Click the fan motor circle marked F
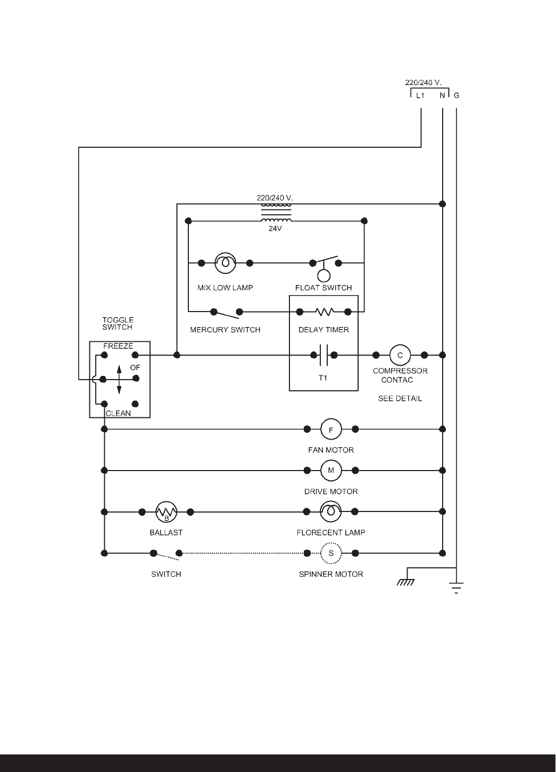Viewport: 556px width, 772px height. coord(331,429)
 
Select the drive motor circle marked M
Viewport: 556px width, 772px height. coord(331,471)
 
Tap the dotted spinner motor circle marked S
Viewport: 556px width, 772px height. coord(331,553)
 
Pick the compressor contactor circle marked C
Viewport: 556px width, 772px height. coord(400,355)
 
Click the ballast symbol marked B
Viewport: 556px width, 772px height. coord(166,512)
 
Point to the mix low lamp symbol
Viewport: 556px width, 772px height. coord(226,263)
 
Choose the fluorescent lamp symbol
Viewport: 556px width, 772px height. coord(331,512)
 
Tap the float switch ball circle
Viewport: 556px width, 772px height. coord(323,275)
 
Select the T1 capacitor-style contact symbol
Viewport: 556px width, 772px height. coord(324,355)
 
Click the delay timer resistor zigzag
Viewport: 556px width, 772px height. coord(324,312)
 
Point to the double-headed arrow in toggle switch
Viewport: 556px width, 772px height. coord(119,379)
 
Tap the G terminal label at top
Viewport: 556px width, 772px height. coord(457,96)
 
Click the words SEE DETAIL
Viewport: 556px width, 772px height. coord(400,398)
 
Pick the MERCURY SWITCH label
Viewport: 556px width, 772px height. coord(225,330)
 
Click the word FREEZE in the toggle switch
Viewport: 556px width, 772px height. coord(118,346)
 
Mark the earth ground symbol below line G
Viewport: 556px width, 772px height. coord(457,588)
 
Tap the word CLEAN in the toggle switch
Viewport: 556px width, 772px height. coord(118,413)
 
